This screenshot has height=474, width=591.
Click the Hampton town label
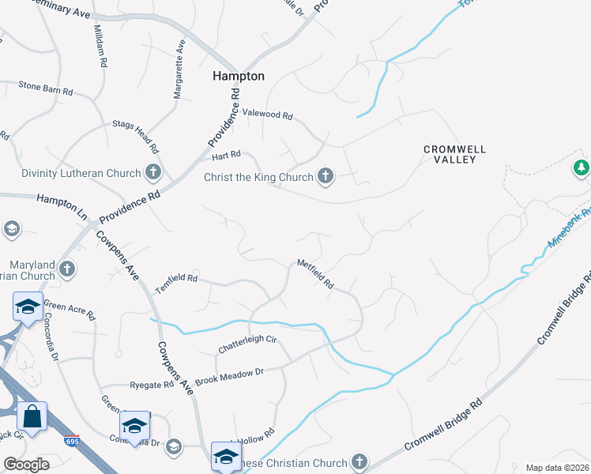[x=239, y=76]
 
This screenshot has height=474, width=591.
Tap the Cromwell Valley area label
[x=454, y=153]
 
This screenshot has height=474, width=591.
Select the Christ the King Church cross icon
[x=326, y=176]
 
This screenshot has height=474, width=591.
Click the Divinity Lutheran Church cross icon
[x=153, y=172]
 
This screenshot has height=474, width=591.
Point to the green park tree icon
[x=581, y=167]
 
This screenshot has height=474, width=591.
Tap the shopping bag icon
[x=32, y=416]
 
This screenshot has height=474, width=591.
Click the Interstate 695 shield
[x=70, y=440]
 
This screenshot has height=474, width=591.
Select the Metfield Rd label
[x=315, y=273]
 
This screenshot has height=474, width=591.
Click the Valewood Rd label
[x=267, y=115]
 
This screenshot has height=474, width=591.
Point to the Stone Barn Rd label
[x=45, y=87]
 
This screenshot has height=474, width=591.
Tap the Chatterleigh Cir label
[x=248, y=344]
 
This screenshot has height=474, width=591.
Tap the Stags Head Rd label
[x=136, y=136]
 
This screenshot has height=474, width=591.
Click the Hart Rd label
[x=225, y=155]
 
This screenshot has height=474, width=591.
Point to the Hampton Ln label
[x=61, y=201]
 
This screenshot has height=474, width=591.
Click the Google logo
[x=26, y=465]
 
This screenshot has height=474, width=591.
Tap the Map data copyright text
[x=557, y=468]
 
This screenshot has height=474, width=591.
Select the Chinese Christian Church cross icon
[x=359, y=461]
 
